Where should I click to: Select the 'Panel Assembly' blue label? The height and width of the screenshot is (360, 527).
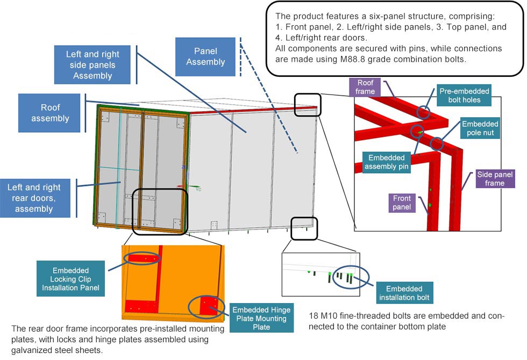(205, 56)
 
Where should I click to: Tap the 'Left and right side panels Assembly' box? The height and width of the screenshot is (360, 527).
(92, 65)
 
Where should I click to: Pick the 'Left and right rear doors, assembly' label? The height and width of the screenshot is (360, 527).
(34, 198)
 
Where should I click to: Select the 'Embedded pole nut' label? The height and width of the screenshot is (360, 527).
(480, 128)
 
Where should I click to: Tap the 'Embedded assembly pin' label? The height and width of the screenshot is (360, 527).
(386, 162)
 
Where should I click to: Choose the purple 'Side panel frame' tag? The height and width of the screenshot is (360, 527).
(495, 179)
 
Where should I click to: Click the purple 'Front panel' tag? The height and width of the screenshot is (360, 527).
(402, 203)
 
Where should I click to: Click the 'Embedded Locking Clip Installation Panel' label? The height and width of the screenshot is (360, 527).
(70, 279)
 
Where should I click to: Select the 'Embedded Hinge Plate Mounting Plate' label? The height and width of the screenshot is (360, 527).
(261, 319)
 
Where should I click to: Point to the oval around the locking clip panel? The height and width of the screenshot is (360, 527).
(142, 259)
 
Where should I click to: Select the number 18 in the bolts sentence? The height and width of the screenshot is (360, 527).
(315, 316)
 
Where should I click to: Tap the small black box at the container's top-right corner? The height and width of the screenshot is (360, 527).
(308, 104)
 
